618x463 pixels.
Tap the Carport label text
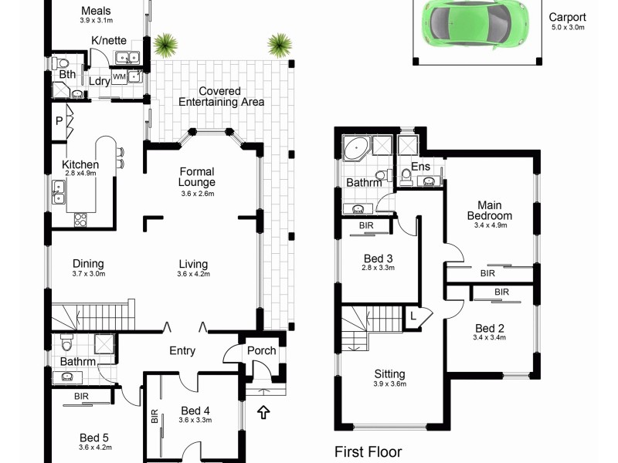567,18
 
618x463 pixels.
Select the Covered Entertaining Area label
221,96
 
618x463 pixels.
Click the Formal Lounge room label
197,177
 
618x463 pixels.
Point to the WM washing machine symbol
120,77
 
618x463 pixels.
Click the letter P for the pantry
59,121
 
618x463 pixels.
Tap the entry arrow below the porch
264,413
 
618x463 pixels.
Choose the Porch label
261,351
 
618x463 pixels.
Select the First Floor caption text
368,451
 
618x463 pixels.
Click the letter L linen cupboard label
413,314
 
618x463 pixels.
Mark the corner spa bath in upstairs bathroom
357,147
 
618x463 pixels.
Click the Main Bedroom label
494,211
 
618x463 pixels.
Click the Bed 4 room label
196,411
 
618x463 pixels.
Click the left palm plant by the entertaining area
164,46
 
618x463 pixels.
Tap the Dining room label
88,264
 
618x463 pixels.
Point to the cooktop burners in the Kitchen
79,219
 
